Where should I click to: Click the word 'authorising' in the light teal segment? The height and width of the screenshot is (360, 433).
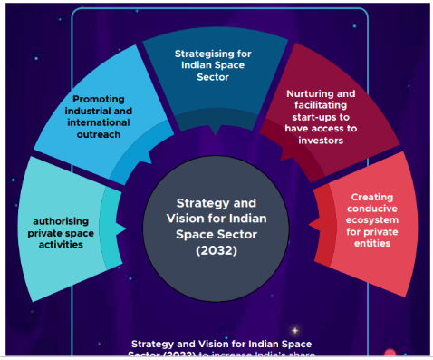[x=63, y=220]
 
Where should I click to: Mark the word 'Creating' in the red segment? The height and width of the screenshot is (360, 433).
[x=370, y=196]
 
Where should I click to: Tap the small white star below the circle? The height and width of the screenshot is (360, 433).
[x=293, y=329]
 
